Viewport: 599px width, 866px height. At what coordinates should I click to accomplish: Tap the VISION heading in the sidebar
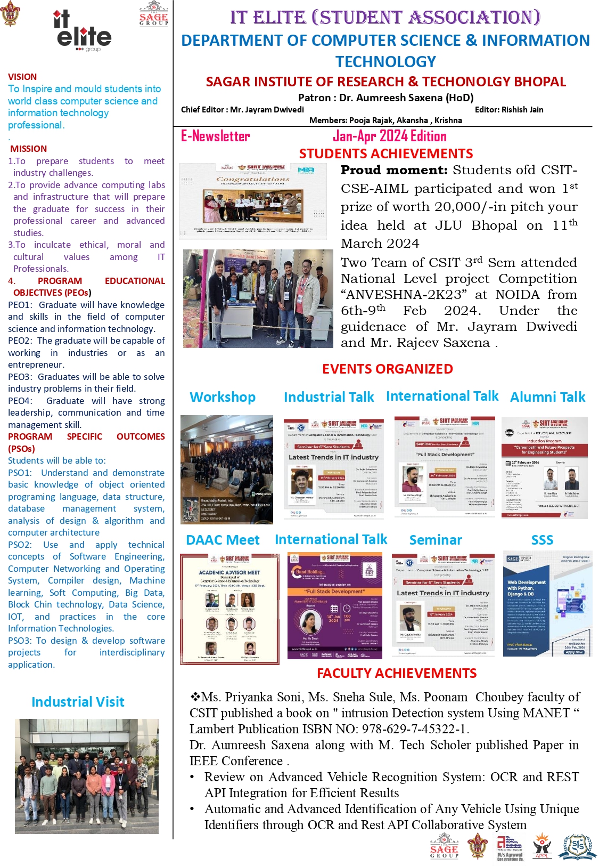tap(22, 77)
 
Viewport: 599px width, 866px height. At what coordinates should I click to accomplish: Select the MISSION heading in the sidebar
tap(28, 149)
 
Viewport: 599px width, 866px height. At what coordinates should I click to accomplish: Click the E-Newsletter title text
tap(215, 136)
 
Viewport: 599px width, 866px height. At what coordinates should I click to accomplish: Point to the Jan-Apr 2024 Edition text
tap(389, 136)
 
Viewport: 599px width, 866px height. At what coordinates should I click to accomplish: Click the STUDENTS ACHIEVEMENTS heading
tap(385, 154)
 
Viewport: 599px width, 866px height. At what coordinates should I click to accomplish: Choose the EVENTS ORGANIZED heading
tap(387, 369)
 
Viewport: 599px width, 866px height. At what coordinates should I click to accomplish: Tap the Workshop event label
tap(223, 397)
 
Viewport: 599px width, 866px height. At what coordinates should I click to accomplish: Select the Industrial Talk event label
tap(329, 397)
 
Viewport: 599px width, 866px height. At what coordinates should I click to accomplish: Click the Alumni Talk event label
tap(547, 397)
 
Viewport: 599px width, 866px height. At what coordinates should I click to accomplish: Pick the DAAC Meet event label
tap(223, 540)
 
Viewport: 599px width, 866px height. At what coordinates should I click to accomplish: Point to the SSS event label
tap(542, 540)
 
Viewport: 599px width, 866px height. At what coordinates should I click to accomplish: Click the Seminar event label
tap(436, 540)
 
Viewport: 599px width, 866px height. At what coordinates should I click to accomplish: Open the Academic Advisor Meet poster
tap(229, 609)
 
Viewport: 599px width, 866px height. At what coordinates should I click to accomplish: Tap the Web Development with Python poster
tap(547, 603)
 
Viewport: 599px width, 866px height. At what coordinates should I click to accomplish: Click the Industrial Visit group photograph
tap(87, 776)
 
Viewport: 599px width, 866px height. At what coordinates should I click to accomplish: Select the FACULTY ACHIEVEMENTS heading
tap(397, 673)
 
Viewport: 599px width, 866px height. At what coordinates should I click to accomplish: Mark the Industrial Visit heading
tap(78, 702)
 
